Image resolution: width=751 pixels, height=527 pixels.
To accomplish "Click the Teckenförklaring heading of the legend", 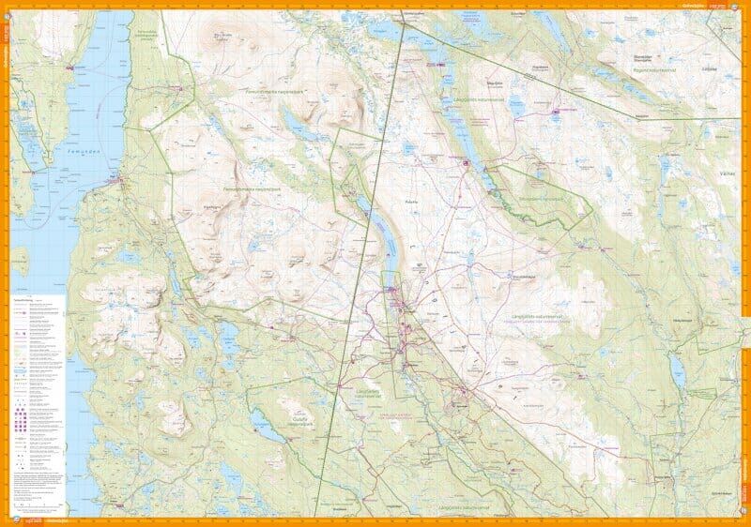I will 28,301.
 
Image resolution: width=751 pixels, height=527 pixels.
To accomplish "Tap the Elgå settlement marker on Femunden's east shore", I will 115,179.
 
